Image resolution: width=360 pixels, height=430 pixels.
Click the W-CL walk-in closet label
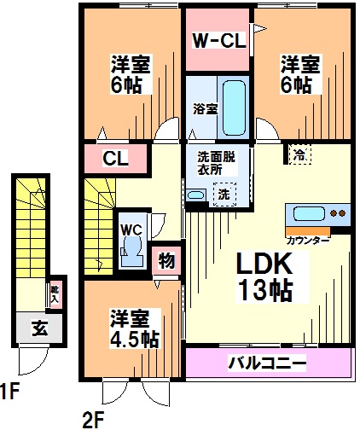pos(219,41)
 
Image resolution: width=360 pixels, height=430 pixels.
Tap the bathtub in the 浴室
pos(234,108)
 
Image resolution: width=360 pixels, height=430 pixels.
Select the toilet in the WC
pos(131,251)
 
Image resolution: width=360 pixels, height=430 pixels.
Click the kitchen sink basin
pos(309,213)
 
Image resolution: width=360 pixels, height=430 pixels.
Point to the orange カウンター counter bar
pos(308,231)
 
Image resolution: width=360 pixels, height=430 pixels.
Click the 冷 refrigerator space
pos(300,154)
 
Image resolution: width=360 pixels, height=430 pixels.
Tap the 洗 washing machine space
pos(224,195)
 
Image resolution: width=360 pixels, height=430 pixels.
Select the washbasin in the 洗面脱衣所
pos(196,195)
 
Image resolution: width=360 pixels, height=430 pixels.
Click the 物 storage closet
pos(166,260)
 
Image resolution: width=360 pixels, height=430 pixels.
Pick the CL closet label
pos(115,159)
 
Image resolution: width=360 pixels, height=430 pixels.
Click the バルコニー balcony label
pos(268,363)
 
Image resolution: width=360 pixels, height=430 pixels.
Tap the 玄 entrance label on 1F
pos(39,328)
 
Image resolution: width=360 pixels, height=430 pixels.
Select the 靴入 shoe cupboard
pos(55,294)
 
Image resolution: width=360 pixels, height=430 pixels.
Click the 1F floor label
pos(9,391)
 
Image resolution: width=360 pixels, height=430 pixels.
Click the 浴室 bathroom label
pos(206,108)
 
